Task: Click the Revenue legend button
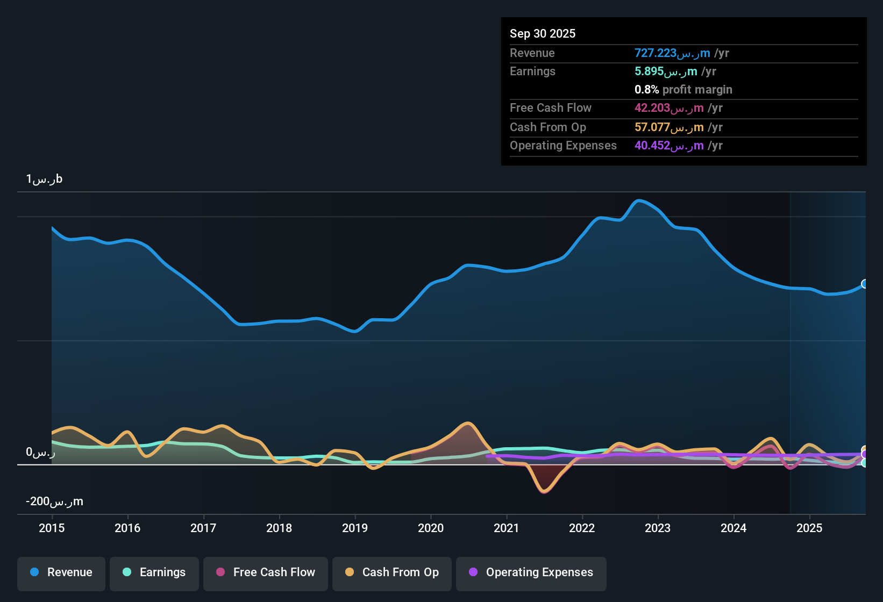61,572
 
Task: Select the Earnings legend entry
154,572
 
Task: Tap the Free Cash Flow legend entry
266,572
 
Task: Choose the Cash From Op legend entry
392,572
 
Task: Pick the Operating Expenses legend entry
531,572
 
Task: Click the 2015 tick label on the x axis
52,528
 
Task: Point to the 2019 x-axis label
355,528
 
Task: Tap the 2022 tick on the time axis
582,528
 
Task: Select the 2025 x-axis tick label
809,528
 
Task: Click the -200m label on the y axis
54,501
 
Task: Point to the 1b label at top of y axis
44,179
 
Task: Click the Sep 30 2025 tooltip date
543,33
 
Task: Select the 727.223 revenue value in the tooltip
672,53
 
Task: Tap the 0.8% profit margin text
683,90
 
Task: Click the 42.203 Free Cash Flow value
669,108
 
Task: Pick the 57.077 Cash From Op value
669,127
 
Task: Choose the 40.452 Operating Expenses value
669,146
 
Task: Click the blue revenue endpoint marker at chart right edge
865,284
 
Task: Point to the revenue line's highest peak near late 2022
638,200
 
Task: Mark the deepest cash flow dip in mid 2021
544,491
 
